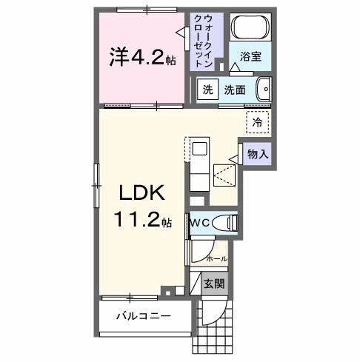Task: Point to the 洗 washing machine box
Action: [x=207, y=89]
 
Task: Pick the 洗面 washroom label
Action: [x=236, y=90]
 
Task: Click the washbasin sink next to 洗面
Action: [x=264, y=90]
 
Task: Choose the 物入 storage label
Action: [x=258, y=155]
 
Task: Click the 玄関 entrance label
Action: [x=215, y=283]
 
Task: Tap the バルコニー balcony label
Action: [x=143, y=316]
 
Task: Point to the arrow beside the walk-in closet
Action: [x=181, y=31]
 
